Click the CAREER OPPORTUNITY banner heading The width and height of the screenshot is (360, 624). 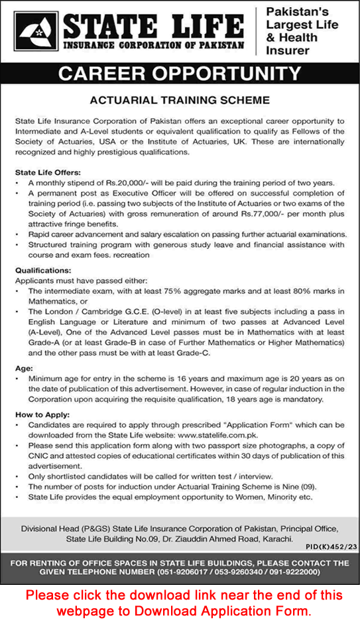[x=180, y=73]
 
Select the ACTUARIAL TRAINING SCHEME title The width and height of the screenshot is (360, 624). [x=180, y=101]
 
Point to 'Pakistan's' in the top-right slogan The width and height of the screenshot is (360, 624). [x=298, y=11]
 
